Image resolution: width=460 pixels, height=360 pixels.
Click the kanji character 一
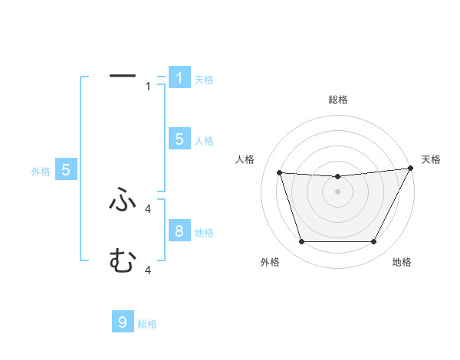click(x=123, y=76)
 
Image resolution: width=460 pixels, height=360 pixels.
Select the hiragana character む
click(x=123, y=261)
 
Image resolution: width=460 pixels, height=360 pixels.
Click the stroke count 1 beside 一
click(x=149, y=87)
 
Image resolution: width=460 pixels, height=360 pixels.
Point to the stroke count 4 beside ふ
click(x=149, y=208)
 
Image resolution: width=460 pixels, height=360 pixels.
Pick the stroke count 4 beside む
click(x=149, y=270)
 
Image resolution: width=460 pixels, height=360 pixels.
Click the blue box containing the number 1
click(x=179, y=77)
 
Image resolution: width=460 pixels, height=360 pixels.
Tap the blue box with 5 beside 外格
click(x=66, y=170)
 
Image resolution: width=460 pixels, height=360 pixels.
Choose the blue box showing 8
click(x=179, y=231)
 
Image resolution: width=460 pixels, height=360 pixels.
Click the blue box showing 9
click(x=123, y=322)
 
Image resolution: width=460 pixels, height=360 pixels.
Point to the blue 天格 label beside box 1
click(x=204, y=79)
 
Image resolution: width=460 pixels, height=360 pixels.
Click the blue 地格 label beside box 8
click(x=204, y=232)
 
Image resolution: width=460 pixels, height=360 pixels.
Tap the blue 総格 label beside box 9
click(x=147, y=324)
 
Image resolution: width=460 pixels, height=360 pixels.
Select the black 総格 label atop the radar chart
click(x=338, y=100)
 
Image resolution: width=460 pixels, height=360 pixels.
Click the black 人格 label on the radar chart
click(x=245, y=159)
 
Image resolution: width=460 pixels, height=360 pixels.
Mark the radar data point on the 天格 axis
click(x=411, y=169)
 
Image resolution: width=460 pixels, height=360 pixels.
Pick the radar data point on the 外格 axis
click(x=301, y=242)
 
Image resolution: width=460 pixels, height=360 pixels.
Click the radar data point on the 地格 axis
click(x=374, y=242)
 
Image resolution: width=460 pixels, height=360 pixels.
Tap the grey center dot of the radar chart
click(x=338, y=191)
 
